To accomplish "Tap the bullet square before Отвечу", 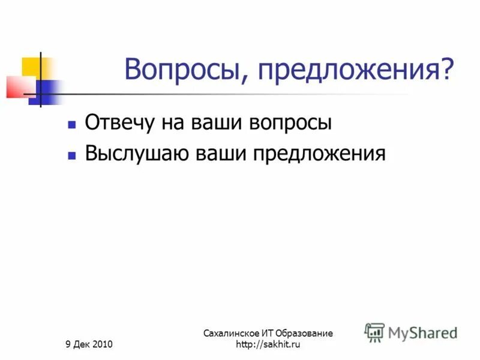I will click(71, 124).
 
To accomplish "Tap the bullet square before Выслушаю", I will click(71, 155).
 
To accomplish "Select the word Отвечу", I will click(120, 122).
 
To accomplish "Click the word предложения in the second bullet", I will click(318, 154).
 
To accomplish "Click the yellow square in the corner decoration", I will click(31, 67).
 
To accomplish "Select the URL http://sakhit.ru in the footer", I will click(268, 345).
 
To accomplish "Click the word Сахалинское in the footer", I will click(232, 334).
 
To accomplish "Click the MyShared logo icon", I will click(374, 332).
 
